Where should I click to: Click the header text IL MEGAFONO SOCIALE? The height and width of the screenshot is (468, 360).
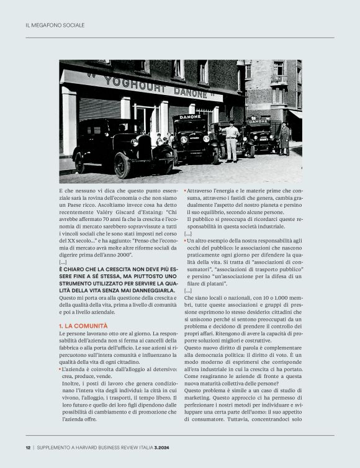55,25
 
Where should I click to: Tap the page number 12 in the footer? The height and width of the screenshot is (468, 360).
28,448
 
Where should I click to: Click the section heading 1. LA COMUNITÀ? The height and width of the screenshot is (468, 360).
86,325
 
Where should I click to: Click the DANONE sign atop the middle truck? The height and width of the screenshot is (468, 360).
190,117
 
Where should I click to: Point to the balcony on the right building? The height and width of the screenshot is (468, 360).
279,79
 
